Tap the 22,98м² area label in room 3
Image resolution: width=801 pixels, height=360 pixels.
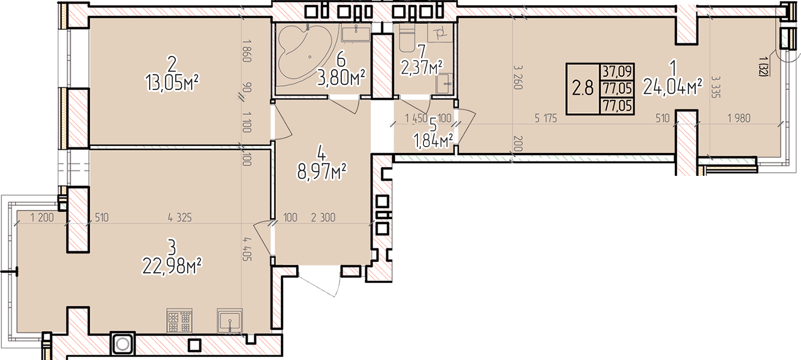pyautogui.click(x=172, y=266)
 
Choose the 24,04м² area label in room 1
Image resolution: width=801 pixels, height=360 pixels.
pyautogui.click(x=673, y=86)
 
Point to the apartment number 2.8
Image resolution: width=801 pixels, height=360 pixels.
pyautogui.click(x=583, y=88)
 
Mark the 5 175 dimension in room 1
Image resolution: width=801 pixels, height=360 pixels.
pyautogui.click(x=545, y=118)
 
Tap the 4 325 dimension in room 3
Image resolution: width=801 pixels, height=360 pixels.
pyautogui.click(x=180, y=217)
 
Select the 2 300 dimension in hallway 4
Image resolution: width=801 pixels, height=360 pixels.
pyautogui.click(x=323, y=217)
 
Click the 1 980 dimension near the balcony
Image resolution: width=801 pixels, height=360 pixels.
pyautogui.click(x=739, y=118)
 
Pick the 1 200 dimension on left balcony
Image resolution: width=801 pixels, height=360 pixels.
pyautogui.click(x=42, y=217)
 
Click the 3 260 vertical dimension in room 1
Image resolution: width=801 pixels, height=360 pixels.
pyautogui.click(x=518, y=77)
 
